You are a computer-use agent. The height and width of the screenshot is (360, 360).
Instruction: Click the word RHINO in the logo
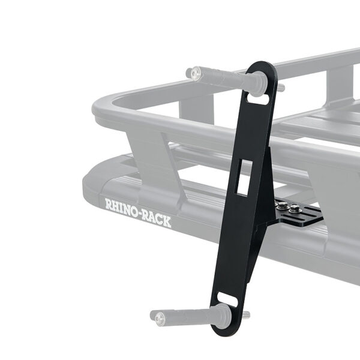121,207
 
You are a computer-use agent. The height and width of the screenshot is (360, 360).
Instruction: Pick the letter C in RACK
160,220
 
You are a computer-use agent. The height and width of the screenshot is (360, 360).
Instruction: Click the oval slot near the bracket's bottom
227,298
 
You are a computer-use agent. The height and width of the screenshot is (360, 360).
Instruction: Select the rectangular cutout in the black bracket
244,178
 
